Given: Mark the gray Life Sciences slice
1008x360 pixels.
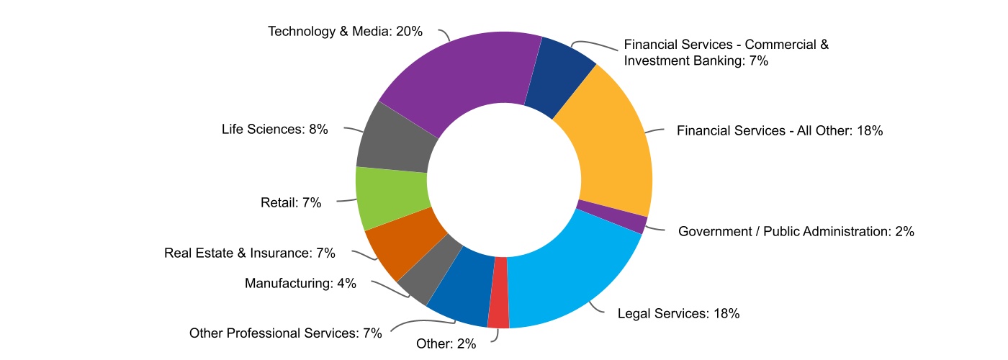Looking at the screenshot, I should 395,140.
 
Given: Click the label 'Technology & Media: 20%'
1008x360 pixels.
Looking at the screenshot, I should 345,32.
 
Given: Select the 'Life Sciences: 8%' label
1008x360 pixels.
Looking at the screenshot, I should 275,130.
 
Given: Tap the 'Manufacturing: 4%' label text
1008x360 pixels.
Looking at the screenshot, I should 300,283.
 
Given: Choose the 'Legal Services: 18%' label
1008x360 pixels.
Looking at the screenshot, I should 679,313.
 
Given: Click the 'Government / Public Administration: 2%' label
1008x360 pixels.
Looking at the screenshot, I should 796,231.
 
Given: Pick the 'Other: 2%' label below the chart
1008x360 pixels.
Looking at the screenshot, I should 446,343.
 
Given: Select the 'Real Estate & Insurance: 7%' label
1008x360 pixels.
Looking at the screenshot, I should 250,253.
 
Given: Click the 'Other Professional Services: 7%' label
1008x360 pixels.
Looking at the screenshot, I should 284,333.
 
